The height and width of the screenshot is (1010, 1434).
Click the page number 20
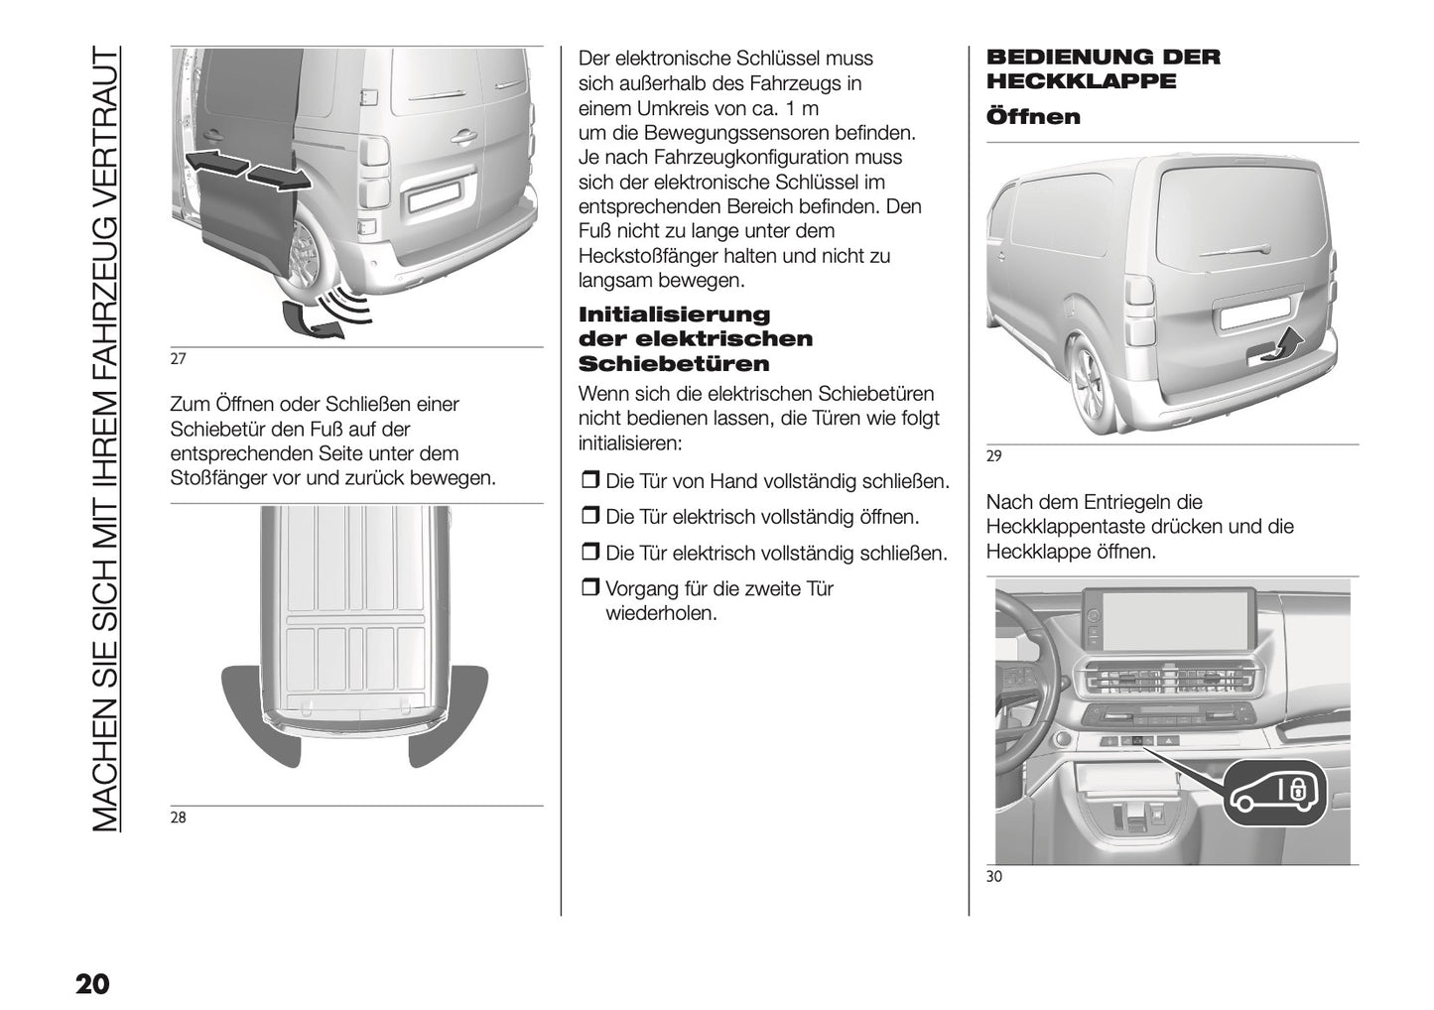click(91, 984)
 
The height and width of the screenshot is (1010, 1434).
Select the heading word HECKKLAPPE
click(1081, 81)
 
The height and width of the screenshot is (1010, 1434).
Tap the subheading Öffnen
click(1032, 117)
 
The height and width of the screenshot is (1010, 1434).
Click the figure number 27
click(179, 359)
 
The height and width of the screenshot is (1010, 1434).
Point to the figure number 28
click(179, 819)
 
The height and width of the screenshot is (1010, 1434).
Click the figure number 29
click(994, 456)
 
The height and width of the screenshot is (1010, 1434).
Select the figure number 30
click(994, 876)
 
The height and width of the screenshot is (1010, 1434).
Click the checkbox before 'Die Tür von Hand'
click(589, 482)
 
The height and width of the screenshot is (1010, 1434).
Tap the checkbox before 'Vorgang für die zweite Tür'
click(589, 589)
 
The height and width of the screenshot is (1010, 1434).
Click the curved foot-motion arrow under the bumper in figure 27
click(307, 319)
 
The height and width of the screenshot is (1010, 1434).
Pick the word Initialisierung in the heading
click(674, 315)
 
